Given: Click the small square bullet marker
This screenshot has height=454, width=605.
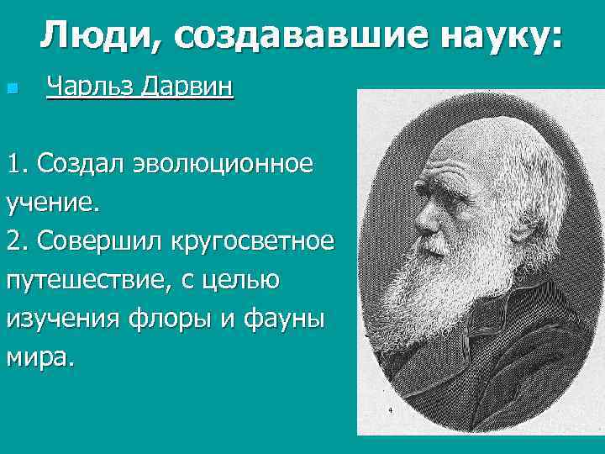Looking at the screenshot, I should [11, 88].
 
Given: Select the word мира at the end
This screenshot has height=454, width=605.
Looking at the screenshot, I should [39, 358].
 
